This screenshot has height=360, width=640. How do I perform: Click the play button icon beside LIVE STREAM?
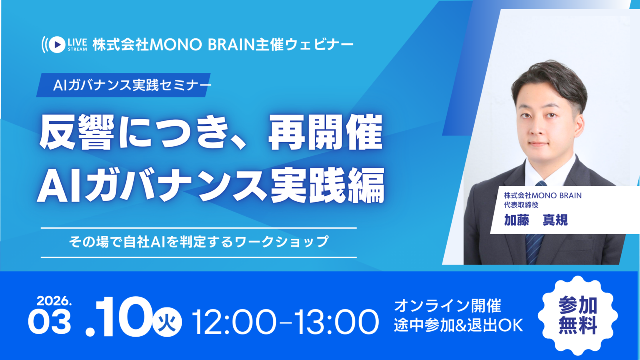click(57, 45)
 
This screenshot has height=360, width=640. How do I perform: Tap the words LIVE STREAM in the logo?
click(77, 45)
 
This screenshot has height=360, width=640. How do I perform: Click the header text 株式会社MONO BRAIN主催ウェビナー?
click(223, 45)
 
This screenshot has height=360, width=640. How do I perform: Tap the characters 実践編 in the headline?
click(328, 185)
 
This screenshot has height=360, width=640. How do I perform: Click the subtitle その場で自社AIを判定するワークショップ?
click(199, 242)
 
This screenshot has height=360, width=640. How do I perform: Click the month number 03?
click(50, 322)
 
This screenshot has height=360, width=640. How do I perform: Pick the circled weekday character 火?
click(167, 323)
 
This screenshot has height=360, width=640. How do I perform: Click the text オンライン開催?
click(448, 306)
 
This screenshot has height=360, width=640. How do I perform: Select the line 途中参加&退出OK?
click(459, 325)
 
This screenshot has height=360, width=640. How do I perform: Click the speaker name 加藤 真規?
click(536, 220)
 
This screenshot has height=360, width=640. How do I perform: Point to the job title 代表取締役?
click(521, 205)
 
